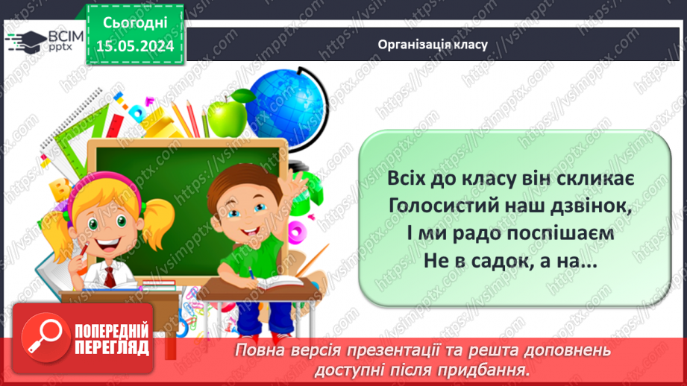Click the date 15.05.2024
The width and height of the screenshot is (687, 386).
[135, 46]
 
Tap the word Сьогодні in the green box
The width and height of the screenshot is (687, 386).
[135, 23]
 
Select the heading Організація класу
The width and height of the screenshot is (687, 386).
[433, 45]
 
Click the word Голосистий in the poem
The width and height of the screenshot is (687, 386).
[443, 206]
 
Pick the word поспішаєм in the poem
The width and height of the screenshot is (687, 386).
[561, 234]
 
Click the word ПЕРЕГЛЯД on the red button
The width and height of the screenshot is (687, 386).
[112, 347]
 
